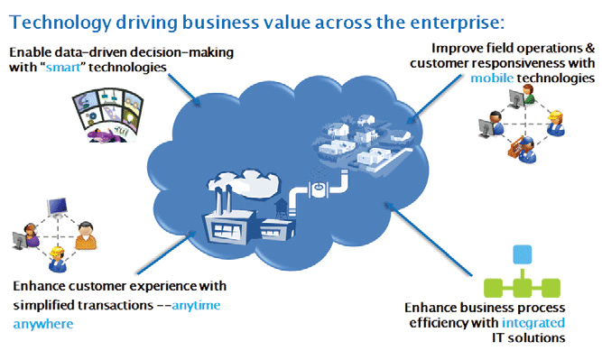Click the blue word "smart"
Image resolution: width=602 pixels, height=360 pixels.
click(64, 68)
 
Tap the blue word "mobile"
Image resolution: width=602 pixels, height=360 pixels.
click(492, 78)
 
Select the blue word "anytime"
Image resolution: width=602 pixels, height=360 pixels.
click(196, 306)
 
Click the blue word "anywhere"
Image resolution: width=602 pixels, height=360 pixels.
click(43, 324)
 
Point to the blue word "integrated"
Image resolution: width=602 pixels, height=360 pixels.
click(533, 323)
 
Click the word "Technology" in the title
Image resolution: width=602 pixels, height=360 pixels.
click(60, 23)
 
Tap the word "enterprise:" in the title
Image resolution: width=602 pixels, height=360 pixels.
click(458, 23)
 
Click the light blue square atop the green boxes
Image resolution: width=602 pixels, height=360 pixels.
click(523, 254)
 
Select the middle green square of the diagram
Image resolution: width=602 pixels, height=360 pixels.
click(523, 288)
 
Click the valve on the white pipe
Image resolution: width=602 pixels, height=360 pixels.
click(319, 188)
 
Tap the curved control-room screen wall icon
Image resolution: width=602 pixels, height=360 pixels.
click(107, 115)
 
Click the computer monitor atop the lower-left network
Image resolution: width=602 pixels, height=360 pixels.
click(58, 208)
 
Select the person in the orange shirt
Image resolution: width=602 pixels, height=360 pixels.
click(86, 235)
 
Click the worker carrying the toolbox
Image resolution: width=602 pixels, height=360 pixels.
click(523, 150)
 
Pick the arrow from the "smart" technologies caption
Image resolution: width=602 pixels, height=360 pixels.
click(184, 90)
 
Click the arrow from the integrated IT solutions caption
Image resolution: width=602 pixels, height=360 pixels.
click(428, 239)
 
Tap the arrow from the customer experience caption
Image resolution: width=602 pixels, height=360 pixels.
click(167, 252)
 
